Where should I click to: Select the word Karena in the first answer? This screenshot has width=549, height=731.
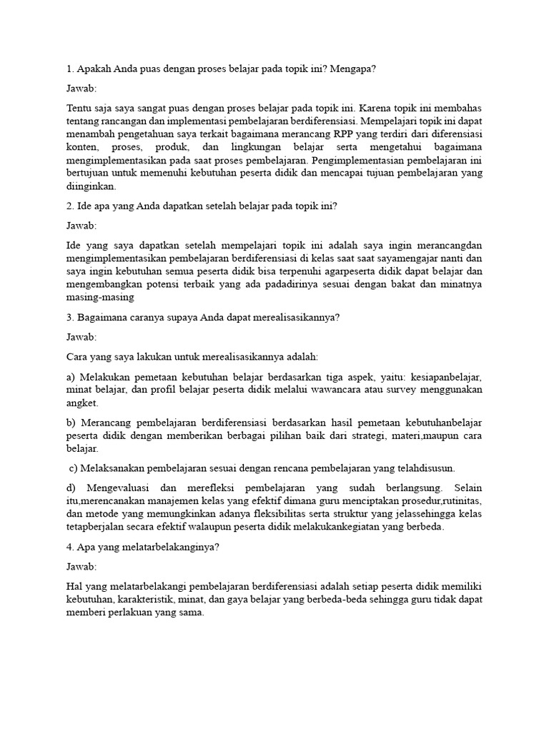(x=378, y=108)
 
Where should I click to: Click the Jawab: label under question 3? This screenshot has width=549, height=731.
(x=81, y=336)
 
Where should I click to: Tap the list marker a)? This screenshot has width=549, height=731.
(x=71, y=376)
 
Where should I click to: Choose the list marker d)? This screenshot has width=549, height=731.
(x=71, y=488)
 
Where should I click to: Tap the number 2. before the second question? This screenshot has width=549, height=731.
(x=70, y=206)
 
